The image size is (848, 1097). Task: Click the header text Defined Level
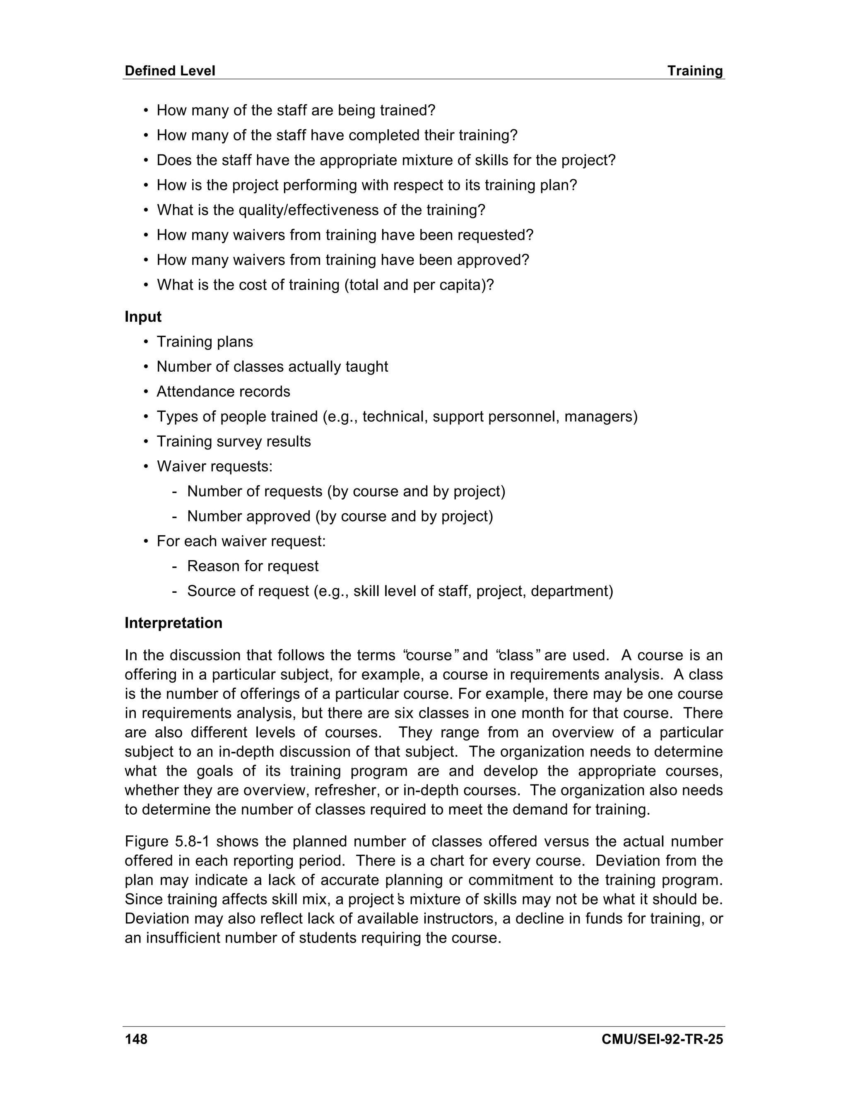170,71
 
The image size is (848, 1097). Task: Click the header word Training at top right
695,71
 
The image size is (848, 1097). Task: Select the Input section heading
143,317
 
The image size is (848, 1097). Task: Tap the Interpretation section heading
173,623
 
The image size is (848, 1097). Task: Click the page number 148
136,1039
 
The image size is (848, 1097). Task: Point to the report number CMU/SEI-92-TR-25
662,1039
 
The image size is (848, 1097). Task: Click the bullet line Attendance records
223,392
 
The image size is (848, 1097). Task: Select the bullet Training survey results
234,442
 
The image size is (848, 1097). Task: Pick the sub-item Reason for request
253,566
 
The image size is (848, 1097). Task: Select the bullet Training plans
205,342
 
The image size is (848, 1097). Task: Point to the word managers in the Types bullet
600,417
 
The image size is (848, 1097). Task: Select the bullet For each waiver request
241,541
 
